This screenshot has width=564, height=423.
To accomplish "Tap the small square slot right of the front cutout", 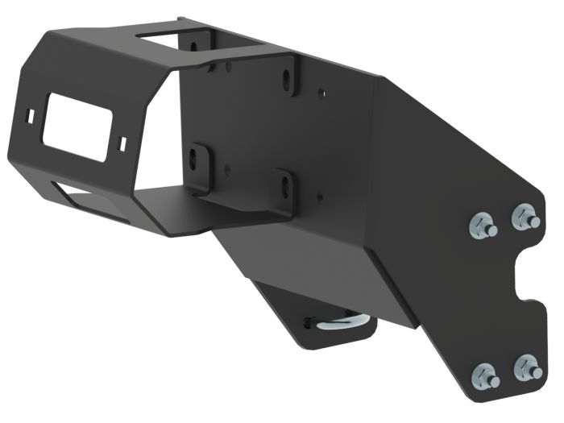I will point(122,142).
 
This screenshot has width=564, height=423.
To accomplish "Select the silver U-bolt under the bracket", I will point(345,322).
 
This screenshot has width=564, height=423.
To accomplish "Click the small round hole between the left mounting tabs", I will point(229,170).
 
